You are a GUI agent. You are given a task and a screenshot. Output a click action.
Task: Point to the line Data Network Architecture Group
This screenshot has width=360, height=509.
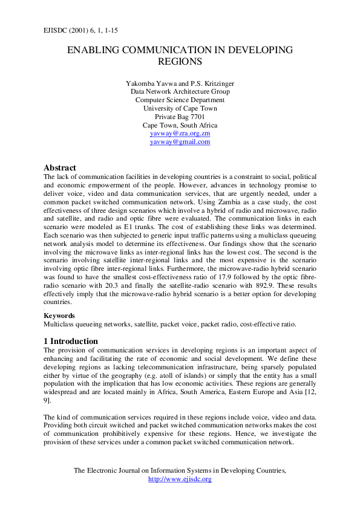click(180, 91)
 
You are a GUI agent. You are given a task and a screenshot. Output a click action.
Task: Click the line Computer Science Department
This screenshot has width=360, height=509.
click(180, 100)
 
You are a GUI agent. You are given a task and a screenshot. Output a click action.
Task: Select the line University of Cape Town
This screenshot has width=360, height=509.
click(180, 108)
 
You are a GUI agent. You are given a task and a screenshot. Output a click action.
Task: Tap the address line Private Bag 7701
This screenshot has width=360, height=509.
click(180, 117)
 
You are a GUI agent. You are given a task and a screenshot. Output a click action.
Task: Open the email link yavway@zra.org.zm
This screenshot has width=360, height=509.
click(180, 133)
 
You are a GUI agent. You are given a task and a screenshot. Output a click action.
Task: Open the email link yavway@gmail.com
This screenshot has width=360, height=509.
click(180, 141)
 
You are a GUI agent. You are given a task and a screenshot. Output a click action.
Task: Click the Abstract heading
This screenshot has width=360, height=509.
click(60, 167)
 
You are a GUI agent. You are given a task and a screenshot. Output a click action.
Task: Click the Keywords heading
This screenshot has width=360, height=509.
click(59, 315)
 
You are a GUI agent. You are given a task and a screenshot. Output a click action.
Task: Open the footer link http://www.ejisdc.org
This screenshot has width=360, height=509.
click(180, 479)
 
